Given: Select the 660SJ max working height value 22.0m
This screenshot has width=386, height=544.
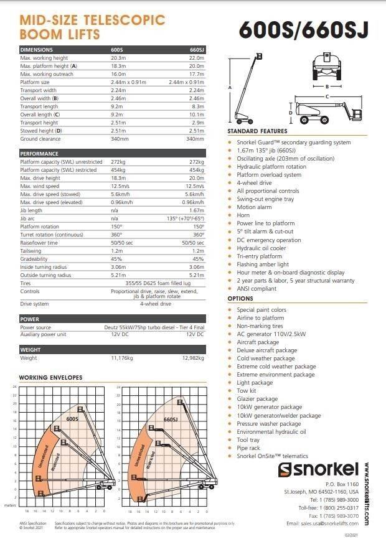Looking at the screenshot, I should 196,58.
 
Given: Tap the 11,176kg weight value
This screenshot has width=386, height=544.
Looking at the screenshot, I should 123,359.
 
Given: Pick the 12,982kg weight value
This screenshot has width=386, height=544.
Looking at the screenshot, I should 192,359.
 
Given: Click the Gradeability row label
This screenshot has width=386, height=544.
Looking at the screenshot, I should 34,258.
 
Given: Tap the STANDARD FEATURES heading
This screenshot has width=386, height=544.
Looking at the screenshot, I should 257,131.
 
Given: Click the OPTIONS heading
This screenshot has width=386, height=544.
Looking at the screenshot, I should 240,299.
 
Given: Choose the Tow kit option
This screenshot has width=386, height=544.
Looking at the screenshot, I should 247,391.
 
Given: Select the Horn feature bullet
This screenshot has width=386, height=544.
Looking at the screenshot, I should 243,215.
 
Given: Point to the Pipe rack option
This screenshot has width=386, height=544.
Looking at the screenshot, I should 249,448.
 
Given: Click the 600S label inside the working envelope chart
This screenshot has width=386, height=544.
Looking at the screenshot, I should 73,419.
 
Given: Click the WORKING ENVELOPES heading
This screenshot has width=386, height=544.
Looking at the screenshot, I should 50,378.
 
